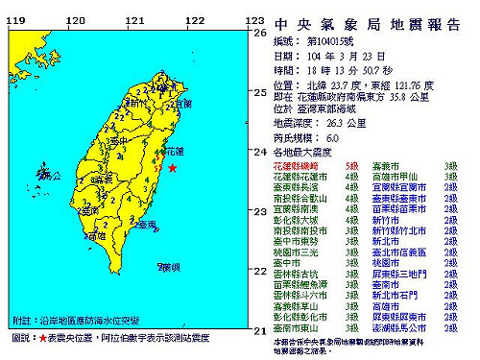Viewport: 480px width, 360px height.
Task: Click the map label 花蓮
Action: [173, 152]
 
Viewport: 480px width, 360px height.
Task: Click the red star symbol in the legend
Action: [41, 338]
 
